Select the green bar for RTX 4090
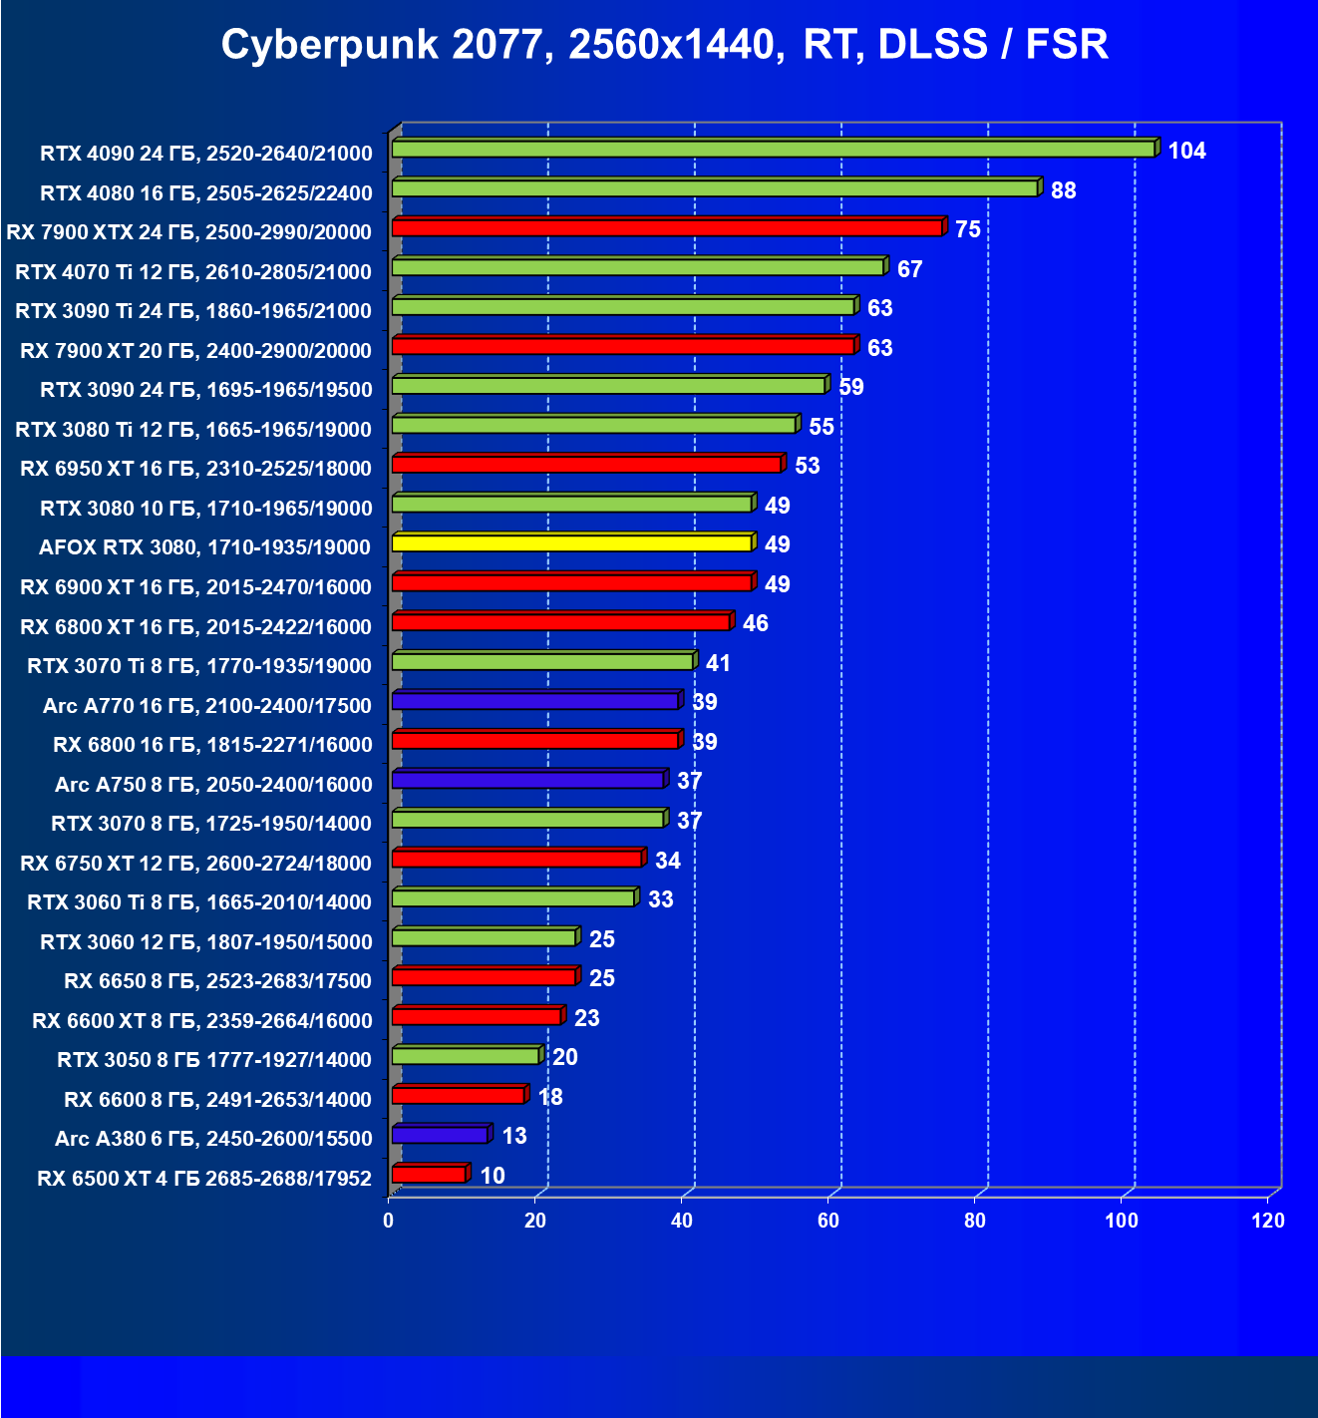(x=773, y=149)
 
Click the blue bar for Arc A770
(x=535, y=701)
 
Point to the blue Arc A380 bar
(x=440, y=1135)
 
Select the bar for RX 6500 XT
(x=429, y=1175)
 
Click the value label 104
(x=1186, y=151)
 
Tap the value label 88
(x=1063, y=190)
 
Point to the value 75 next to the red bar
(x=967, y=229)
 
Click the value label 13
(x=513, y=1136)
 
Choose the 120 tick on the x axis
(x=1268, y=1221)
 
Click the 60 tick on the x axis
(x=828, y=1221)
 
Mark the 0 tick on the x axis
(x=389, y=1221)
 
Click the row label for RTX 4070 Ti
(x=193, y=271)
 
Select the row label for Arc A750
(x=213, y=785)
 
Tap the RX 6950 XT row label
(x=195, y=469)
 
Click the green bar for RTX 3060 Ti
(x=513, y=898)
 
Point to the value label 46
(x=755, y=623)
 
